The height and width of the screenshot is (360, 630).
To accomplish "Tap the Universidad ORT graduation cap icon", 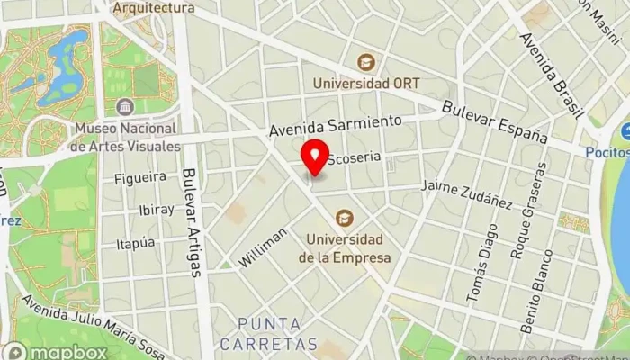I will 366,62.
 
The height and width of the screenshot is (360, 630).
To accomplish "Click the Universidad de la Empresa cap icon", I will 343,218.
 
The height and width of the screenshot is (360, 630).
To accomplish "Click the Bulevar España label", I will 495,121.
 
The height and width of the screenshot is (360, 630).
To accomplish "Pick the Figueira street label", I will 140,178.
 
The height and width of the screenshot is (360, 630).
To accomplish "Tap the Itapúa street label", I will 136,243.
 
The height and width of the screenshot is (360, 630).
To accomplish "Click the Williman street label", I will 263,247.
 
